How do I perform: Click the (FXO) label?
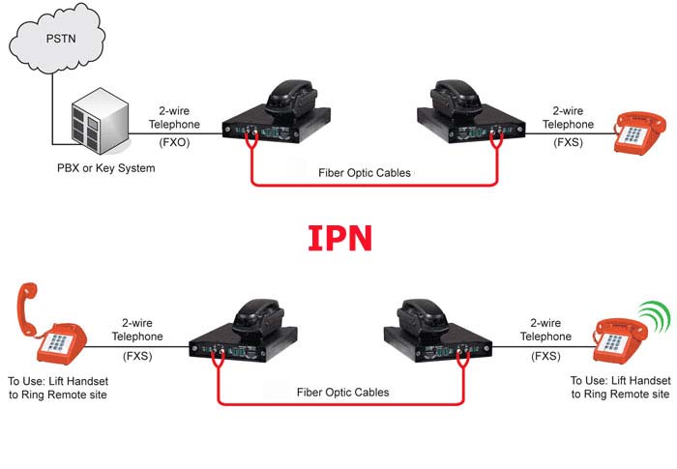174,141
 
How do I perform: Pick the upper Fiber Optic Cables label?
365,173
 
